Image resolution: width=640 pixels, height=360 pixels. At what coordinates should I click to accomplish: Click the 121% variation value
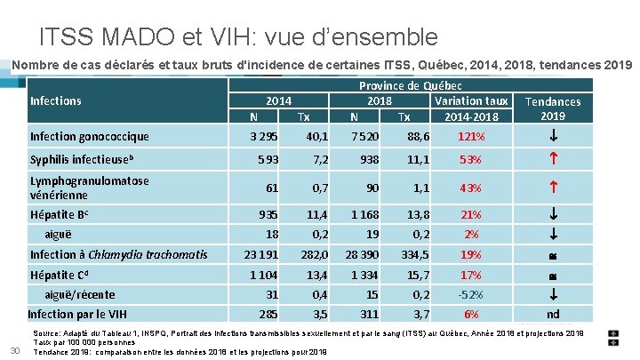click(x=471, y=136)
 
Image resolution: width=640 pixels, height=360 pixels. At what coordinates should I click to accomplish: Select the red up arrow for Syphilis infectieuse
click(x=554, y=158)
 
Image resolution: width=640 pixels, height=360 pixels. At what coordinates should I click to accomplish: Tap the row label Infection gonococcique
click(x=90, y=136)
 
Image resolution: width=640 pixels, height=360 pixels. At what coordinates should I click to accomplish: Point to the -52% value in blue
click(x=470, y=294)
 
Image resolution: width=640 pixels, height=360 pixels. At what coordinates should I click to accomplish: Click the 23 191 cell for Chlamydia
click(x=261, y=255)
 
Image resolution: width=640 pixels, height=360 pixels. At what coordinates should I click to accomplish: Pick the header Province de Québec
click(x=410, y=85)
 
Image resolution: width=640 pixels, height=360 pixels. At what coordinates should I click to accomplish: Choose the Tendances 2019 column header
click(x=553, y=108)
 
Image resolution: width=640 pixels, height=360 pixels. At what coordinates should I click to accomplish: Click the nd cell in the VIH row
click(x=553, y=315)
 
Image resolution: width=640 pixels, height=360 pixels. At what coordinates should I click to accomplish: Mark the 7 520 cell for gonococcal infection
click(x=365, y=136)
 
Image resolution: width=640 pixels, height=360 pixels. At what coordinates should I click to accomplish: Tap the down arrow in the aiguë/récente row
click(x=554, y=294)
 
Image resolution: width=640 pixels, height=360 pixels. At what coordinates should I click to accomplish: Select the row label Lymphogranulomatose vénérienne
click(x=90, y=188)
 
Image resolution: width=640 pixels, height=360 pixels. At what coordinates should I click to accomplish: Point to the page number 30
click(x=15, y=350)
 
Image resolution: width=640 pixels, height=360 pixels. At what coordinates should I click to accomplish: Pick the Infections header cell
click(x=56, y=100)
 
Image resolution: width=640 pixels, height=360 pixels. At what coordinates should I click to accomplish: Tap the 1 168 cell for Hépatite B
click(x=365, y=215)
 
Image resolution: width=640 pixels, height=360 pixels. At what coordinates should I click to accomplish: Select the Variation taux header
click(x=471, y=100)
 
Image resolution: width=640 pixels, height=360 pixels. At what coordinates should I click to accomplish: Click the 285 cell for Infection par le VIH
click(x=268, y=315)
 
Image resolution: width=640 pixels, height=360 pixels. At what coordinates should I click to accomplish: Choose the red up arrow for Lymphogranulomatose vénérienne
click(x=554, y=187)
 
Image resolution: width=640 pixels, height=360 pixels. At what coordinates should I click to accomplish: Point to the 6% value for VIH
click(x=471, y=315)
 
